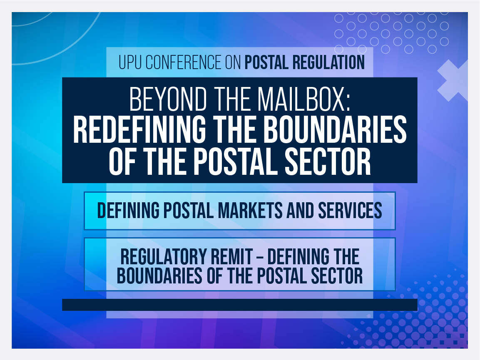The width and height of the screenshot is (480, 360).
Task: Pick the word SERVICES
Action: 350,211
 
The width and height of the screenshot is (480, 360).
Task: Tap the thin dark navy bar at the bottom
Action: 239,305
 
